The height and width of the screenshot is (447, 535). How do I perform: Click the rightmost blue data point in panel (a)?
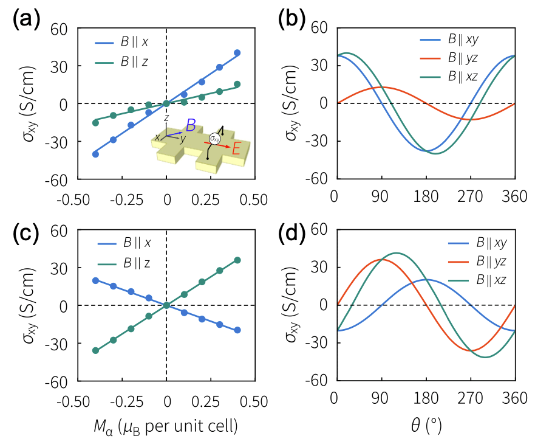pyautogui.click(x=237, y=53)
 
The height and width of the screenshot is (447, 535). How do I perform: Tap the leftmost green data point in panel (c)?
pyautogui.click(x=95, y=350)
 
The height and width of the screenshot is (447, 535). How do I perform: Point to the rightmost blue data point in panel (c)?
pyautogui.click(x=237, y=330)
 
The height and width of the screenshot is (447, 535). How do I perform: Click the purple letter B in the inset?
pyautogui.click(x=191, y=126)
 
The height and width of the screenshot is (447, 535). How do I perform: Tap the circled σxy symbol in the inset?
pyautogui.click(x=214, y=139)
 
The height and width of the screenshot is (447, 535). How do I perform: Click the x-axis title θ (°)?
pyautogui.click(x=424, y=426)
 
